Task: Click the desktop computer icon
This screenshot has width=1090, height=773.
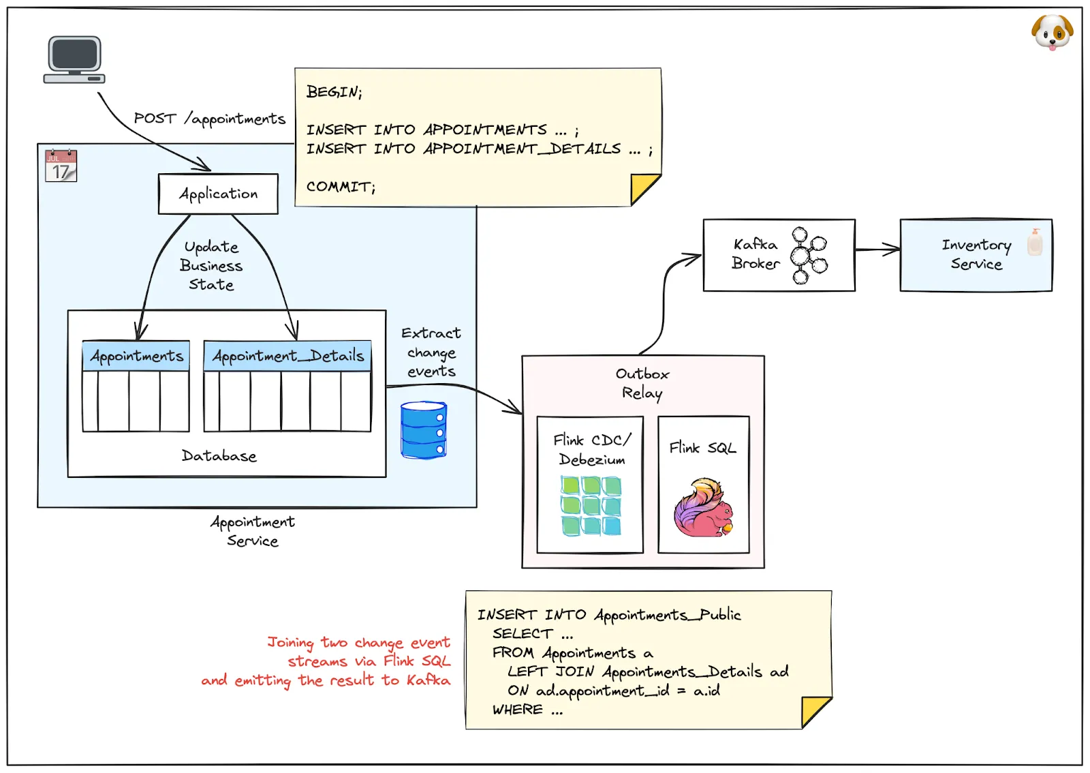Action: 74,60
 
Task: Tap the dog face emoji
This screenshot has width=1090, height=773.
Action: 1052,32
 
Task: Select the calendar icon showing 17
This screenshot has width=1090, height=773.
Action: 61,166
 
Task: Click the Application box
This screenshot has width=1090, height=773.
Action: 218,194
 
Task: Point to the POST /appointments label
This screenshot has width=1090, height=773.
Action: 209,119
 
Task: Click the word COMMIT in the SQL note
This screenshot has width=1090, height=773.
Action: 339,186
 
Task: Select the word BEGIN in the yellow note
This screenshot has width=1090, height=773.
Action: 332,92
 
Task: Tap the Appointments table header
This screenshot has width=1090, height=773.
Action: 136,356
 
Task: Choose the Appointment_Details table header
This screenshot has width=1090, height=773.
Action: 287,356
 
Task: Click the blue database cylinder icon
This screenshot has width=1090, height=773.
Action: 424,430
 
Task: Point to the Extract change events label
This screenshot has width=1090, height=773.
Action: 431,352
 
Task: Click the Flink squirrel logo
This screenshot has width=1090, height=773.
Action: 704,507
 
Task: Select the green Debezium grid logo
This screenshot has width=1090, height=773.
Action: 591,505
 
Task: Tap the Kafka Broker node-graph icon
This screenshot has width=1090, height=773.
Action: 808,255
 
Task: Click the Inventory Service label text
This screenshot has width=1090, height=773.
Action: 976,254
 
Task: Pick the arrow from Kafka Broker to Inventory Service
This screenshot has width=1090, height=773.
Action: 877,249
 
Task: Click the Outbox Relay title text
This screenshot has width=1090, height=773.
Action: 642,383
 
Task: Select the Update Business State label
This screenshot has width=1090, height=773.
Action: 211,266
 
